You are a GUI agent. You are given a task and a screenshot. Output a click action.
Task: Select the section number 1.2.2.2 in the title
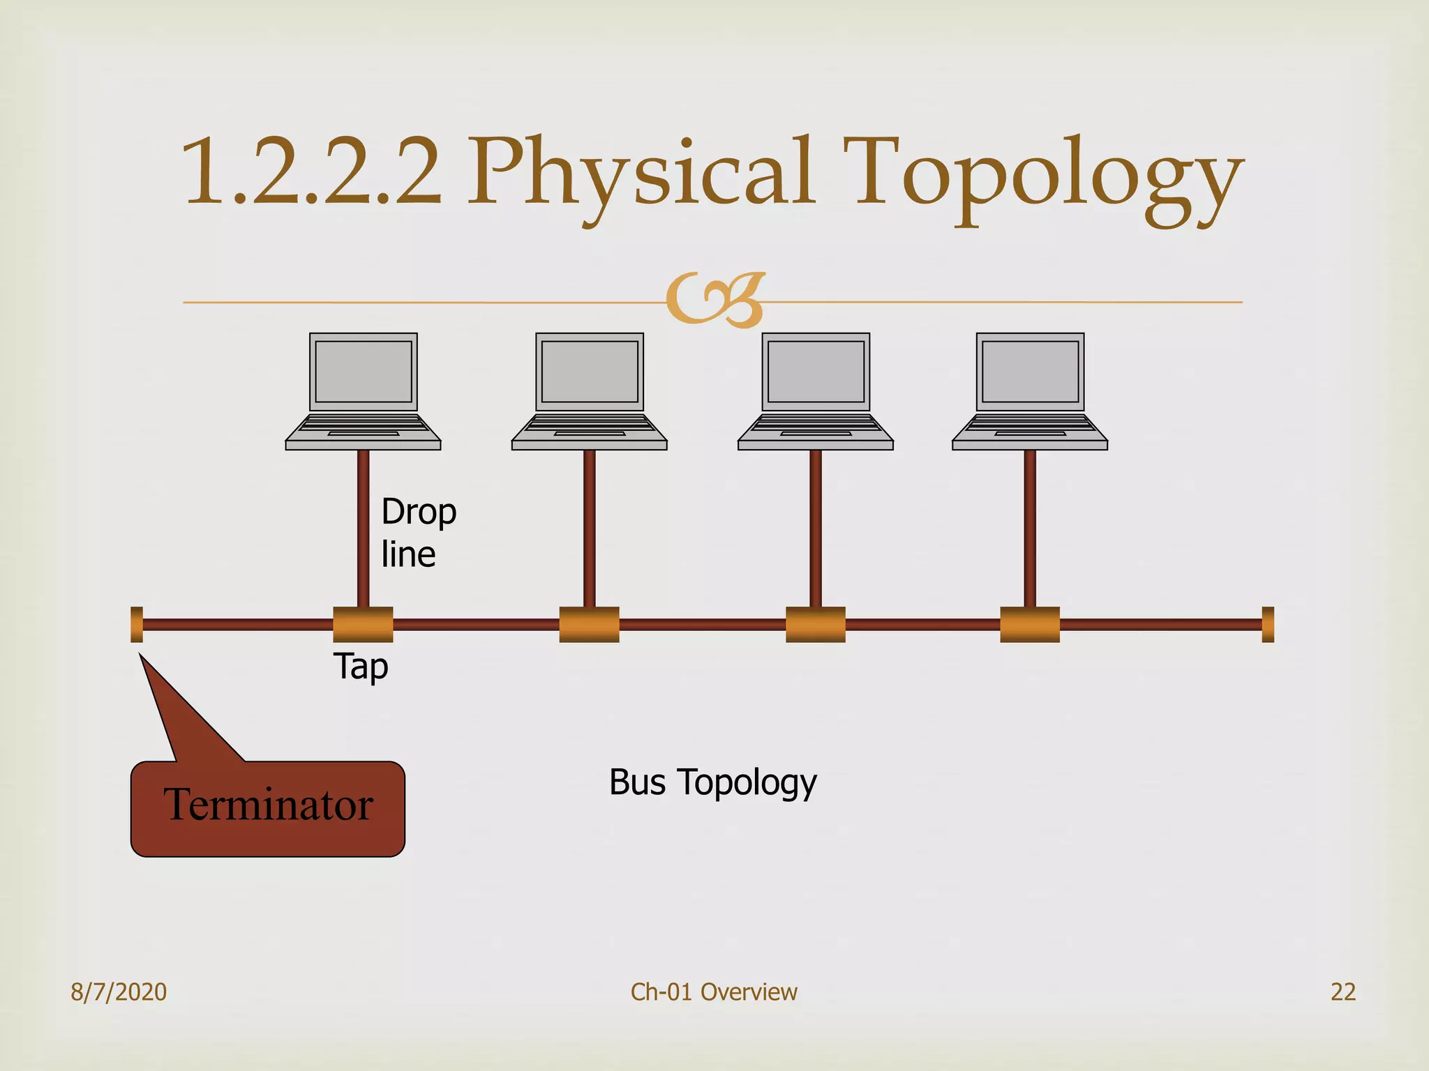311,172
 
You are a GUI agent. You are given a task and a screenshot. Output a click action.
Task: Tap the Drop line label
418,533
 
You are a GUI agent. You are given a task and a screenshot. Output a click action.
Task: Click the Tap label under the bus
361,667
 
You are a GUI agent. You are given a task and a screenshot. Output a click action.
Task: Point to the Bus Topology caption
712,782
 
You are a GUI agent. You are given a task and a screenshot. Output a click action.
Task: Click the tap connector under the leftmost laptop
363,624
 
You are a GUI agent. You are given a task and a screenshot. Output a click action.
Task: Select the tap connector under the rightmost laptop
1030,624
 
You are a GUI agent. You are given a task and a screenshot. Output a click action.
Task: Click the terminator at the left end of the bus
137,624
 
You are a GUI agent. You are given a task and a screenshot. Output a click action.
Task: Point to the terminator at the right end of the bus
1268,624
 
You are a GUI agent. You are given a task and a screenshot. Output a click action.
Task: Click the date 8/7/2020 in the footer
119,992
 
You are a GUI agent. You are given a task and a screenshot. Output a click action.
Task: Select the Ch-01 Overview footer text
714,992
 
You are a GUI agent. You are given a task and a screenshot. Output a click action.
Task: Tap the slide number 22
1343,992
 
